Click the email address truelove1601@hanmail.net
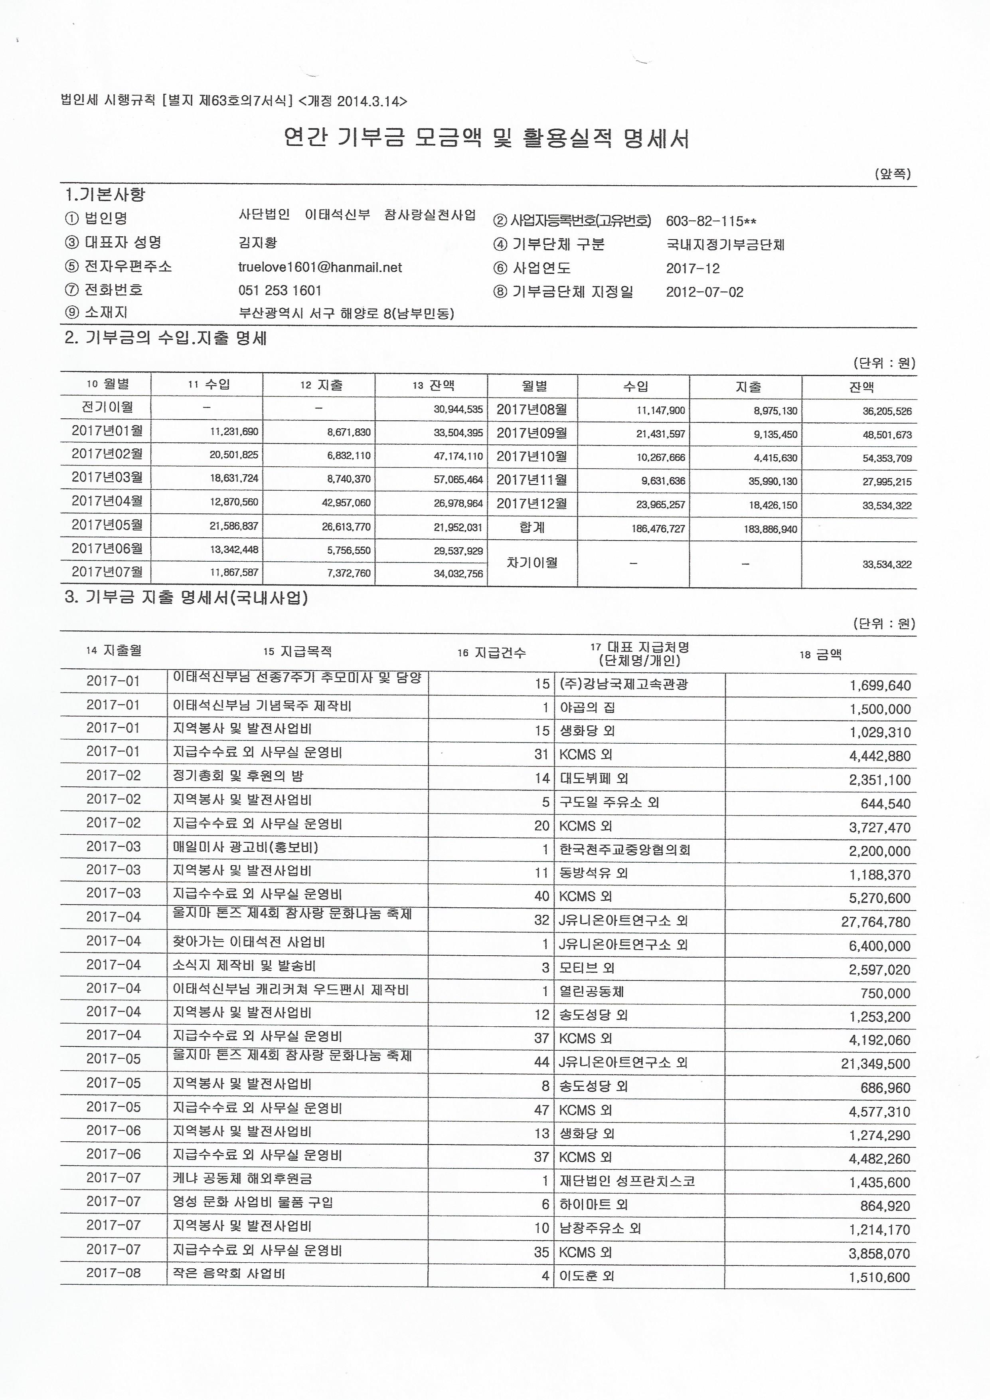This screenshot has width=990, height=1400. (320, 267)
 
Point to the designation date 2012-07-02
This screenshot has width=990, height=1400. (705, 292)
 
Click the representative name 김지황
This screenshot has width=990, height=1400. (258, 243)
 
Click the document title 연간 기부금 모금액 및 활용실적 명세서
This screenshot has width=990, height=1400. (486, 139)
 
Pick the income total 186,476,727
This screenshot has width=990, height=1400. (658, 529)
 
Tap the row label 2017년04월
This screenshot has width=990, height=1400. (107, 501)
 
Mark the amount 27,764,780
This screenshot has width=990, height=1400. (875, 922)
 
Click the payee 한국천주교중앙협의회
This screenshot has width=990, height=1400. (625, 850)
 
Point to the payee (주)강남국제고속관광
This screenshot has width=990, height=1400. (624, 684)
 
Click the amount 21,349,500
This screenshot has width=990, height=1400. (875, 1064)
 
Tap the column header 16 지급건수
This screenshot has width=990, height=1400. (491, 653)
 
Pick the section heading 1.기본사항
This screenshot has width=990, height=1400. (105, 195)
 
